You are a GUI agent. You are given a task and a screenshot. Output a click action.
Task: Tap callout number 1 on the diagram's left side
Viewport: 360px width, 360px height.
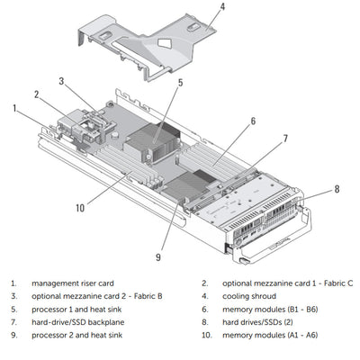[x=15, y=108]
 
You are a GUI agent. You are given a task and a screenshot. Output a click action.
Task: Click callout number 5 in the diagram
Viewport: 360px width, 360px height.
[x=180, y=83]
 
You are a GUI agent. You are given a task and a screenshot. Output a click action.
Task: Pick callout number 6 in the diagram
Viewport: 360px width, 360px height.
[x=253, y=120]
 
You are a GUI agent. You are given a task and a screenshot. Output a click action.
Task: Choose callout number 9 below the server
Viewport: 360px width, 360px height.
[x=284, y=139]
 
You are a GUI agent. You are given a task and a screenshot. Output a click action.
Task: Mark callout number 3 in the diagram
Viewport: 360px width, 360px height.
[x=62, y=80]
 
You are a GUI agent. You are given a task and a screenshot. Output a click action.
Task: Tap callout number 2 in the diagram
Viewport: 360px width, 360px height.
[x=37, y=94]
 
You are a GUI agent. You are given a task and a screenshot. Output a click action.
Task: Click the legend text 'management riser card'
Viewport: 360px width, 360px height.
[x=73, y=282]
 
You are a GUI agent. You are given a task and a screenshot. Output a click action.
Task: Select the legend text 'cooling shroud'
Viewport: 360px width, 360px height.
[x=248, y=294]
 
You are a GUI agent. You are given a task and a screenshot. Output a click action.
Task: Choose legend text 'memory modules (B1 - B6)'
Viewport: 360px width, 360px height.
[x=268, y=308]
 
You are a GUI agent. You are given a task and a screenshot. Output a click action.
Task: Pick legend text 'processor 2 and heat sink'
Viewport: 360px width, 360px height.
[x=79, y=335]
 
